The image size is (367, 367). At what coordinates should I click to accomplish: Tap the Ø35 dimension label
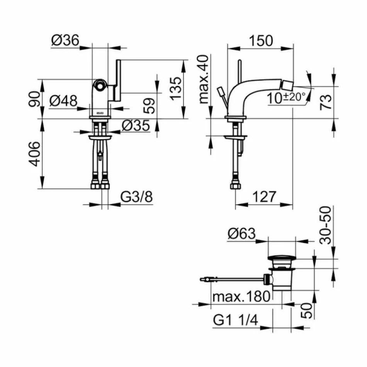pyautogui.click(x=136, y=125)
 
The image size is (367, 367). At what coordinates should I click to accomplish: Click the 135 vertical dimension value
pyautogui.click(x=176, y=89)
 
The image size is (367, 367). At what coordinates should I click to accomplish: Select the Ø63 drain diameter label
pyautogui.click(x=242, y=234)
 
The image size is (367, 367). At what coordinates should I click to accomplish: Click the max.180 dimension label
pyautogui.click(x=241, y=297)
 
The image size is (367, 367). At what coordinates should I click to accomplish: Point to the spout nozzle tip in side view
pyautogui.click(x=287, y=84)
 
